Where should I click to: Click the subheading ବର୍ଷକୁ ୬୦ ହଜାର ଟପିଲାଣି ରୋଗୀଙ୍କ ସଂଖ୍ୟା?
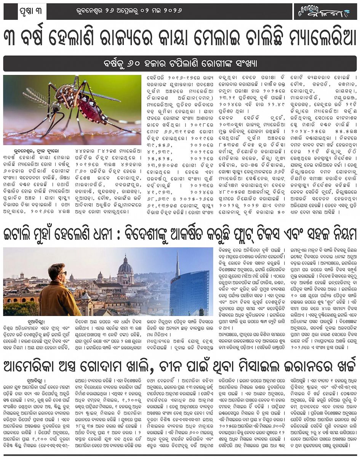click(180, 64)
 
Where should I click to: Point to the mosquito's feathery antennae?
click(36, 97)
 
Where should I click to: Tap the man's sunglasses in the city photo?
click(62, 273)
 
